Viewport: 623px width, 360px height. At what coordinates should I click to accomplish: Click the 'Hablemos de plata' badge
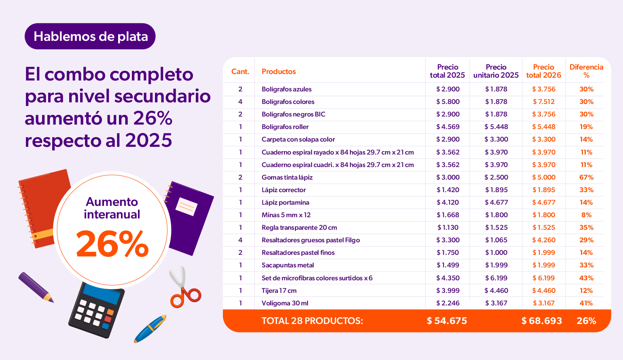90,36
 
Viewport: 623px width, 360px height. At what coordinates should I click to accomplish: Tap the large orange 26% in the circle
112,244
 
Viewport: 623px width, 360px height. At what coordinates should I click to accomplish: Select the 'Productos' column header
279,72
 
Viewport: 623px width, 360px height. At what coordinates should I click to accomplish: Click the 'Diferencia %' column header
586,71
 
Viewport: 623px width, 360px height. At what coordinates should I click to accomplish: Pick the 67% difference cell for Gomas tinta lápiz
586,177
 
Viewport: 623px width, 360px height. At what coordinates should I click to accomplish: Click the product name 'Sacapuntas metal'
288,265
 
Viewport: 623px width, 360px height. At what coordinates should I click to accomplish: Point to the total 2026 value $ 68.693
542,321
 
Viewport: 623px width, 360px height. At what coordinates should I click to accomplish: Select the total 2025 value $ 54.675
447,321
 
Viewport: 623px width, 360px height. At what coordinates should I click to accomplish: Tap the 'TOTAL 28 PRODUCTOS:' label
312,321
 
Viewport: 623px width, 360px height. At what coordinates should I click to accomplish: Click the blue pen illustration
150,328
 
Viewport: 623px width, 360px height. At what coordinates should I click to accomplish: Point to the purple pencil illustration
35,286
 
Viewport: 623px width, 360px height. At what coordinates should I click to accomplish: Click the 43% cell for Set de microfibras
586,278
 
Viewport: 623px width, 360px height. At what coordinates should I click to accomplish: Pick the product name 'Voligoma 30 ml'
285,303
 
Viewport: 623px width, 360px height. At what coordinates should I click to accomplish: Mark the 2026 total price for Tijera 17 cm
544,290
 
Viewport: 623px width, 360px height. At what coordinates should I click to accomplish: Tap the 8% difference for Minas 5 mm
586,215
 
